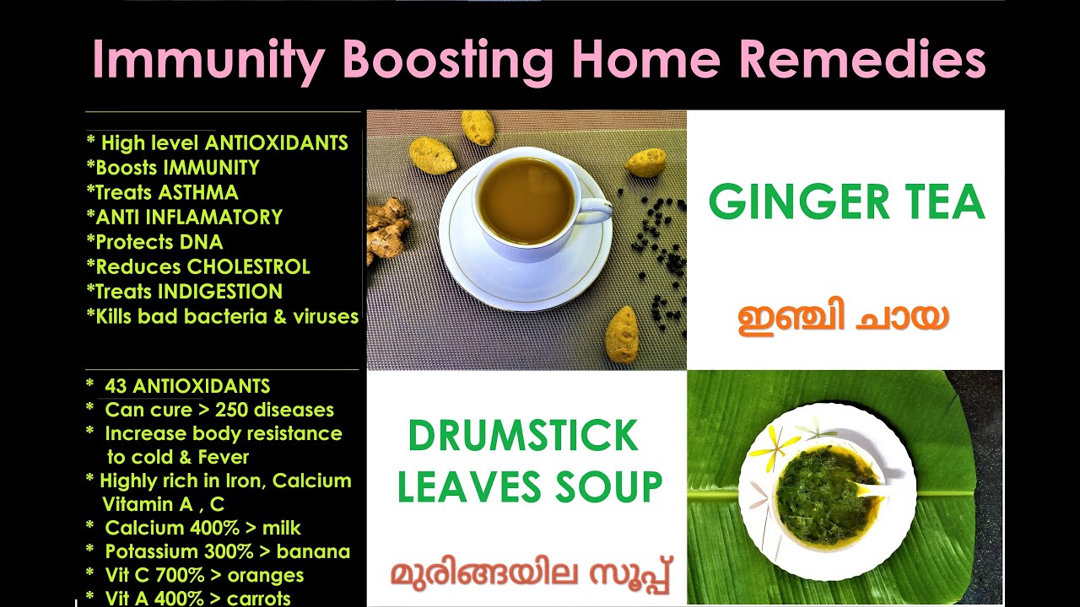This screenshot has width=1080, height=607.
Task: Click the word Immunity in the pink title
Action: coord(208,60)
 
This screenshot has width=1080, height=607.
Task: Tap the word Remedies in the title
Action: coord(862,58)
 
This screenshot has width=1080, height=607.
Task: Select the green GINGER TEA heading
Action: coord(846,201)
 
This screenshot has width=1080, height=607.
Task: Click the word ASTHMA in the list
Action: coord(198,192)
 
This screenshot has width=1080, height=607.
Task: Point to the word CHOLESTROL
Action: coord(248,266)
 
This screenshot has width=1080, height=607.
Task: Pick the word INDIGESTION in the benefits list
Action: coord(220,292)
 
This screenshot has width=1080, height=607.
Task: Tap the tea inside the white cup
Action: coord(526,201)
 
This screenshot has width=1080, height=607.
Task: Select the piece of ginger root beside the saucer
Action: coord(386,230)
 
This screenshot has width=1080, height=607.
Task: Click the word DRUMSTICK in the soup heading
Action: coord(524,436)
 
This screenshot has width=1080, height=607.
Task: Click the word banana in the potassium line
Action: coord(313,551)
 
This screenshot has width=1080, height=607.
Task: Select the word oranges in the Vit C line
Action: coord(266,575)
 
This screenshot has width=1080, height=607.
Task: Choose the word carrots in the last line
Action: coord(258,599)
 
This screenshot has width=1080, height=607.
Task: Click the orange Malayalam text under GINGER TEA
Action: coord(843,319)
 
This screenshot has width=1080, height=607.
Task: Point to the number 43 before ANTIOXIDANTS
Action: coord(116,386)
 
